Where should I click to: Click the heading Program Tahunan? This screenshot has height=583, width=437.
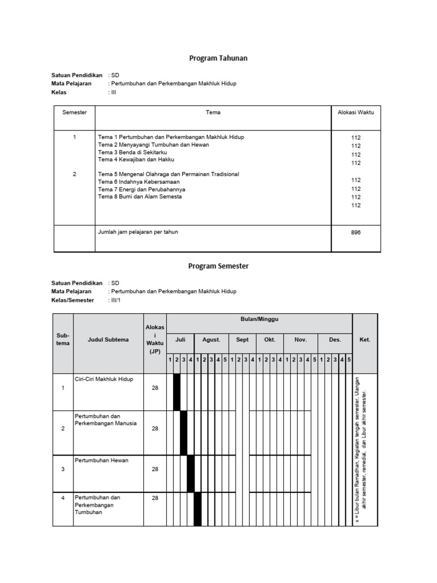tap(218, 58)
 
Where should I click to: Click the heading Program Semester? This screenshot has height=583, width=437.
tap(218, 266)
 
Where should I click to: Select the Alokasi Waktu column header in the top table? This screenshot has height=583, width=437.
tap(356, 113)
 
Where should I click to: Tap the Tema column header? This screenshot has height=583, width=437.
tap(213, 113)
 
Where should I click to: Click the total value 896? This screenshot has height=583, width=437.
tap(356, 232)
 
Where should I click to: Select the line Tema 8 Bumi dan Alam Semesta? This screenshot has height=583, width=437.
tap(140, 197)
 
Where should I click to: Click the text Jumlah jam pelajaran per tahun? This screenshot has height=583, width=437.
tap(138, 232)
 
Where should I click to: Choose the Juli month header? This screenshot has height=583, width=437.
tap(180, 340)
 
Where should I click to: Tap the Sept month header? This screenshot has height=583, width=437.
tap(242, 340)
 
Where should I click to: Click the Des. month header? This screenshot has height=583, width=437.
tap(335, 340)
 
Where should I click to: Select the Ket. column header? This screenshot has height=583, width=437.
tap(365, 340)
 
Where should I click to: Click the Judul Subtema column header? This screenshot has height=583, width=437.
tap(108, 340)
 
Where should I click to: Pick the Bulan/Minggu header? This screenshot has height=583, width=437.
tap(259, 320)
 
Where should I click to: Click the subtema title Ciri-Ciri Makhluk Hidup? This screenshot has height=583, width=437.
tap(104, 379)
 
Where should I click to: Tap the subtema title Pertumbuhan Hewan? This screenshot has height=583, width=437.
tap(101, 461)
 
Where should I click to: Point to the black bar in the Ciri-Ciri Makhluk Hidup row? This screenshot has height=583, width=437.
tap(176, 392)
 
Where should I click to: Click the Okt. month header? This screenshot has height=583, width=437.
tap(270, 340)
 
